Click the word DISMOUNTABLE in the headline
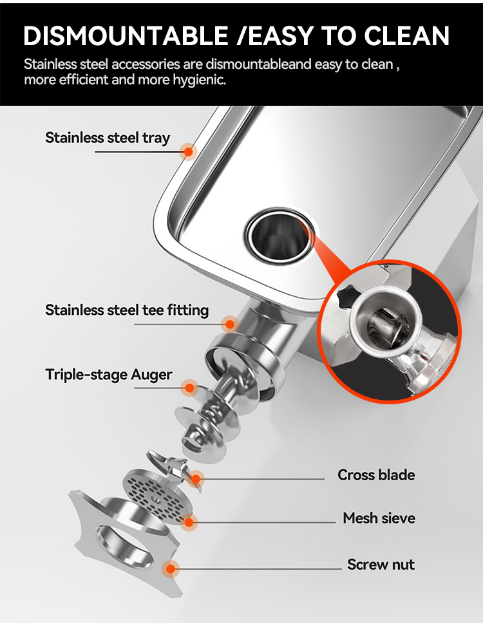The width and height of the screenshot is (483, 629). pos(126,35)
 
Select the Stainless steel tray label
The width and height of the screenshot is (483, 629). pos(108,138)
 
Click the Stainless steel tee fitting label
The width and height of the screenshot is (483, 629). pos(127,310)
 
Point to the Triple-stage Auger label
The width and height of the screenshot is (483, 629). pos(109,375)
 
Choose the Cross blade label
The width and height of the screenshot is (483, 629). pos(376,475)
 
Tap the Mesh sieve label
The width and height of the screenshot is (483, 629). pos(379,518)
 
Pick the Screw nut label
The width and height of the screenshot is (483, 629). pos(381,565)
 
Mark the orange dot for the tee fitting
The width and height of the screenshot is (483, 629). pos(230,324)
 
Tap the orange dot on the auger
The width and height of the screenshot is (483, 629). pos(189,388)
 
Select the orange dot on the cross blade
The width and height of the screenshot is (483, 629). pos(196,479)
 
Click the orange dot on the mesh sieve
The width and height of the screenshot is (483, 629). pos(189,522)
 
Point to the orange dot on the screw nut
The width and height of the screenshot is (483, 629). pos(171,569)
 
